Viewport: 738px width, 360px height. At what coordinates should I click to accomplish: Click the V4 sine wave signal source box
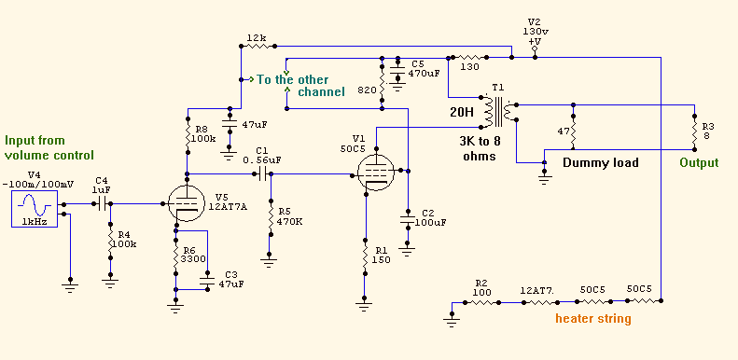click(35, 209)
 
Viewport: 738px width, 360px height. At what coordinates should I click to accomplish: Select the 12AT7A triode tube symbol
click(187, 203)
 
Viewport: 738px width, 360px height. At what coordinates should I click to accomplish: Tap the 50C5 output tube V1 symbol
click(376, 172)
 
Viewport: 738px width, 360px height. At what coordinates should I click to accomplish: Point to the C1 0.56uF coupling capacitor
click(262, 174)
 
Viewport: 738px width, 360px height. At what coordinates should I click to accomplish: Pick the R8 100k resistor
click(188, 135)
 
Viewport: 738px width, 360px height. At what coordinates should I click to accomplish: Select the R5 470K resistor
click(271, 216)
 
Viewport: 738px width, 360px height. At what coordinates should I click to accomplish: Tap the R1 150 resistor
click(364, 256)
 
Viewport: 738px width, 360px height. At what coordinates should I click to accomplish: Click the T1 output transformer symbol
click(498, 112)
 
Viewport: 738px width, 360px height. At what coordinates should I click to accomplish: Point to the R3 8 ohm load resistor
click(695, 132)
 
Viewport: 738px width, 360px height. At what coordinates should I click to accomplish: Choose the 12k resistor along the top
click(258, 46)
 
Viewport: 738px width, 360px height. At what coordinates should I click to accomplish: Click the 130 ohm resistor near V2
click(469, 58)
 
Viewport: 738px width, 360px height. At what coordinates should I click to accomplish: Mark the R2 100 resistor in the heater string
click(482, 302)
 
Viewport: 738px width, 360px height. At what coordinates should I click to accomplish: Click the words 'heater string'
click(593, 319)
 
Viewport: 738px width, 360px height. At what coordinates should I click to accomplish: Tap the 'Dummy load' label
click(601, 163)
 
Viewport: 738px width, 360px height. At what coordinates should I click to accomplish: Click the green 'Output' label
click(700, 163)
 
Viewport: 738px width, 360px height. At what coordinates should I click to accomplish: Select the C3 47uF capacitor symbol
click(207, 281)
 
